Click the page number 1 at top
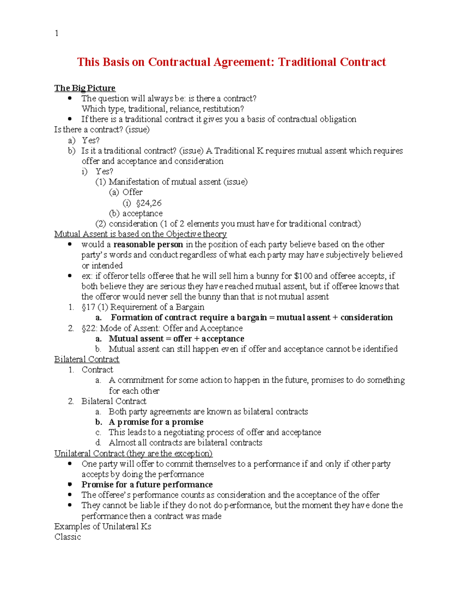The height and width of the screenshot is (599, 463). click(57, 33)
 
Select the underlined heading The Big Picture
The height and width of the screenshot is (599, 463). click(84, 88)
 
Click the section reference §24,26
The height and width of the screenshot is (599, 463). click(149, 203)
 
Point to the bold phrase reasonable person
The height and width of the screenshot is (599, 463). click(148, 245)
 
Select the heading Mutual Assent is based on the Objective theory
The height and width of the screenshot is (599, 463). click(140, 234)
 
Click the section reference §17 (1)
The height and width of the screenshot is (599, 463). click(95, 307)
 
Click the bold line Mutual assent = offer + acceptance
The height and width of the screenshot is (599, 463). click(176, 339)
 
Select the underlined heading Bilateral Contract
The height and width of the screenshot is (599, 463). click(87, 359)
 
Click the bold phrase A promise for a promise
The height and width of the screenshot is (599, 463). click(156, 422)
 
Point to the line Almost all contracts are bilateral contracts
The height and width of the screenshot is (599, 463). click(185, 443)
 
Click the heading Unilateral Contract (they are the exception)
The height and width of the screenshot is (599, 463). click(133, 454)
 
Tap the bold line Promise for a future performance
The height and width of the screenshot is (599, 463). click(147, 485)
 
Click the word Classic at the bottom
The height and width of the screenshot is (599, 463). click(68, 537)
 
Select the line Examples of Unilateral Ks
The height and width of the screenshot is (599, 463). click(103, 526)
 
